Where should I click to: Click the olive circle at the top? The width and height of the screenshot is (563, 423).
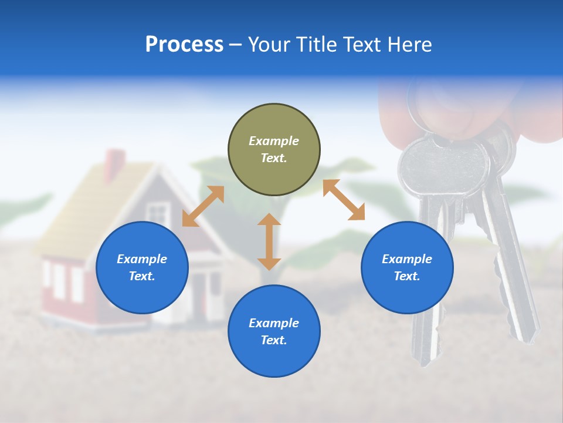coord(274,150)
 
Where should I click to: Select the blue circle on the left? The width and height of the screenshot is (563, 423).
coord(142,268)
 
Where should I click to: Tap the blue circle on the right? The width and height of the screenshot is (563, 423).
coord(407,268)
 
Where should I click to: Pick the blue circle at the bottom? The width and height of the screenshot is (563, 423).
coord(274,331)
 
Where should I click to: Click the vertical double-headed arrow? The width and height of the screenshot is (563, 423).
coord(269,241)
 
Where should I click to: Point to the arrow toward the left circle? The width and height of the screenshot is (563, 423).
coord(203,206)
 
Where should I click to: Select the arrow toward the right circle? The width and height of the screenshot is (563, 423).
coord(344,200)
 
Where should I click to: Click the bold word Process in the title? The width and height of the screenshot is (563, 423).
coord(184,45)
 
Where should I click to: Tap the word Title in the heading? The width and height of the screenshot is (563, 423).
coord(317,45)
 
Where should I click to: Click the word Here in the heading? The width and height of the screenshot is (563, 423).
coord(410,45)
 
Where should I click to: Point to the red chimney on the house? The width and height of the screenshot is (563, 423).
coord(115,165)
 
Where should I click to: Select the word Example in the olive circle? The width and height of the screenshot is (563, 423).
coord(274,141)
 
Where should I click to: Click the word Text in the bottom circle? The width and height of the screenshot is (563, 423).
coord(274,340)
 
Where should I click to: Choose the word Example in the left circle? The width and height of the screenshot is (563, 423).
coord(142,259)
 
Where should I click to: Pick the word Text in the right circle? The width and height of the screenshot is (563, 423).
coord(407,276)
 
